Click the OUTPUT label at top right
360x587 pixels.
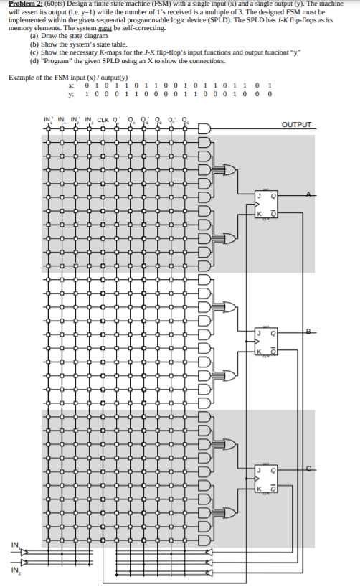click(x=297, y=125)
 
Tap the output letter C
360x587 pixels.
click(x=309, y=469)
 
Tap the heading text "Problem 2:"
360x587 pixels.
click(x=23, y=4)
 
